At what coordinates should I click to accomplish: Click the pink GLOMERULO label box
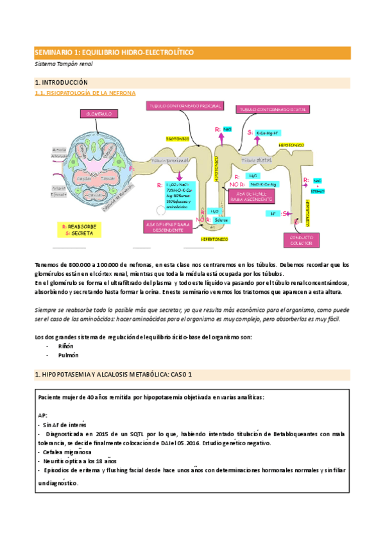(x=98, y=114)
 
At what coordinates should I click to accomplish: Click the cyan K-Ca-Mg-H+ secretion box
(x=266, y=132)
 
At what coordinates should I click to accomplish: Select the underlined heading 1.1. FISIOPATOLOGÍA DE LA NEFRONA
(x=85, y=93)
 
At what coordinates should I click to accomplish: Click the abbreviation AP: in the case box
(x=43, y=415)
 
